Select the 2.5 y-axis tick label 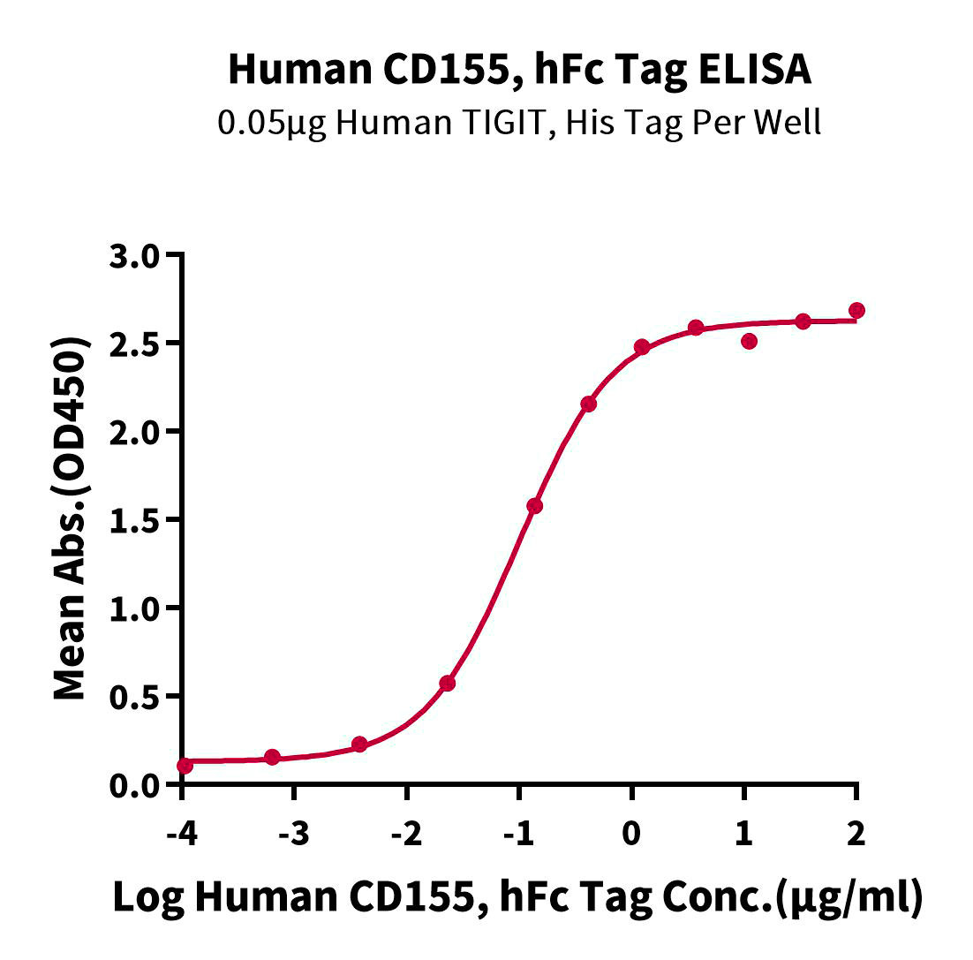click(x=140, y=344)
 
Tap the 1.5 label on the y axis click(x=140, y=520)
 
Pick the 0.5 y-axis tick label click(x=140, y=697)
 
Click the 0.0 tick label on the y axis click(x=140, y=785)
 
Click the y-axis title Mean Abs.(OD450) click(x=72, y=519)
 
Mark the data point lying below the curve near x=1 click(x=749, y=341)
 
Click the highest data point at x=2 click(x=856, y=310)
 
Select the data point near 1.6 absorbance click(x=534, y=506)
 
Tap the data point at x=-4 click(x=184, y=766)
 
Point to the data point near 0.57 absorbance click(x=447, y=683)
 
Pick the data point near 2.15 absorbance click(x=588, y=404)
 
